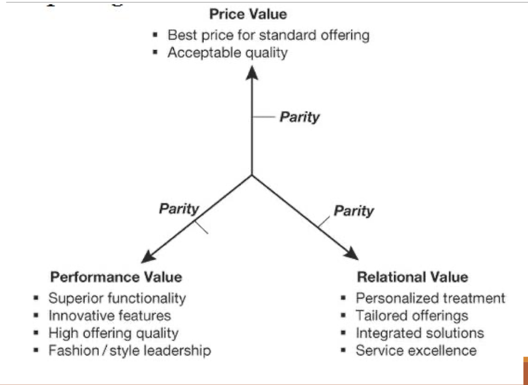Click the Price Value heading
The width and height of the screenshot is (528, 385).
(248, 14)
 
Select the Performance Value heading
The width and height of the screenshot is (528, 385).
(116, 277)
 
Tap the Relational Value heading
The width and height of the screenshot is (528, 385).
(412, 277)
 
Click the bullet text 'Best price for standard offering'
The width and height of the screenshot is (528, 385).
(268, 35)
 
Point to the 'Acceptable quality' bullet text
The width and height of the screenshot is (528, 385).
(227, 52)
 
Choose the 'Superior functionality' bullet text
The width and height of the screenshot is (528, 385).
(117, 298)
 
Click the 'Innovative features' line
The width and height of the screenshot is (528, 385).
(110, 315)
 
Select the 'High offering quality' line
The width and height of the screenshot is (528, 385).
(113, 333)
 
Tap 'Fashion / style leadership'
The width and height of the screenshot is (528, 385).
(129, 350)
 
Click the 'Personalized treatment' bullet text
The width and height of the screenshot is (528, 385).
(430, 298)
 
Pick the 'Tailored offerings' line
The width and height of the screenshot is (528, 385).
(412, 315)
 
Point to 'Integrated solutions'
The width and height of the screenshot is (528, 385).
(420, 333)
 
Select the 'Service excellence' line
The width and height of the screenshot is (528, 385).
(416, 350)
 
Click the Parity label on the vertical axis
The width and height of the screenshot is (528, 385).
(299, 117)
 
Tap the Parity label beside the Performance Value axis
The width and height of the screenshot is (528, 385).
(179, 209)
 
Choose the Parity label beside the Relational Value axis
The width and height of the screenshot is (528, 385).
(353, 211)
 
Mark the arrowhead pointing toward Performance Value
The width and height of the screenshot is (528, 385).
(147, 258)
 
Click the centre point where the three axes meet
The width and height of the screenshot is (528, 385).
(252, 175)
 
